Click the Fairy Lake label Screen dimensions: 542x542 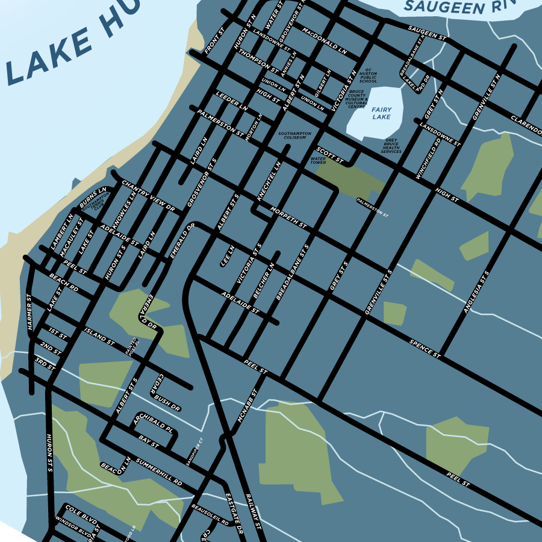[x=381, y=113]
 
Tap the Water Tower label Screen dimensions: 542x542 [x=318, y=161]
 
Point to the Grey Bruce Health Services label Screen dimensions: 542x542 [x=391, y=146]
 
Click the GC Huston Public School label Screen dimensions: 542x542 [x=368, y=76]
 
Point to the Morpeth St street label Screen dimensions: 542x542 [x=288, y=218]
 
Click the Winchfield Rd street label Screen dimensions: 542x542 [x=428, y=159]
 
